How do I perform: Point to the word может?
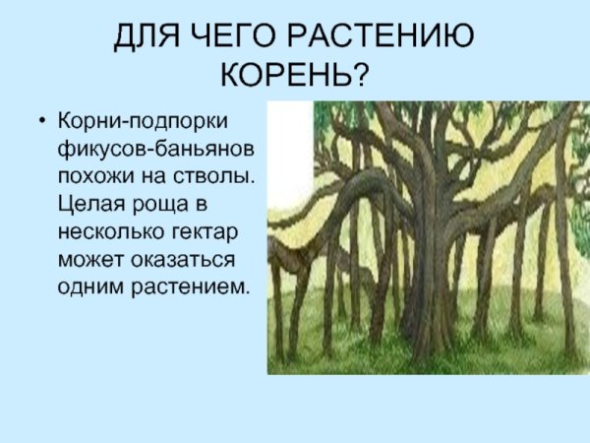tap(88, 260)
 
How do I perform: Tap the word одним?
tap(90, 287)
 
